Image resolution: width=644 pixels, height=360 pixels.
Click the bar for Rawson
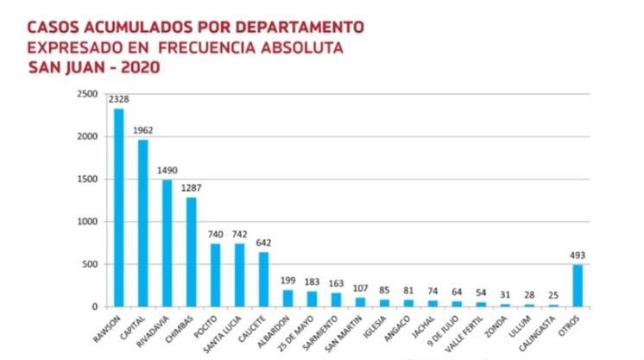118,207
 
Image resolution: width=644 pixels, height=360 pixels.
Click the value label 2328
118,101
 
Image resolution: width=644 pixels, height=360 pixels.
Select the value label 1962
143,131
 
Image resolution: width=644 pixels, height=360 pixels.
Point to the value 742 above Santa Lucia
239,234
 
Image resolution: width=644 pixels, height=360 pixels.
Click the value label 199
287,281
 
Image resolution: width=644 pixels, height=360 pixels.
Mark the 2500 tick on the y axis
86,94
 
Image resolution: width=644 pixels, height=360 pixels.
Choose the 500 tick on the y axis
90,264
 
